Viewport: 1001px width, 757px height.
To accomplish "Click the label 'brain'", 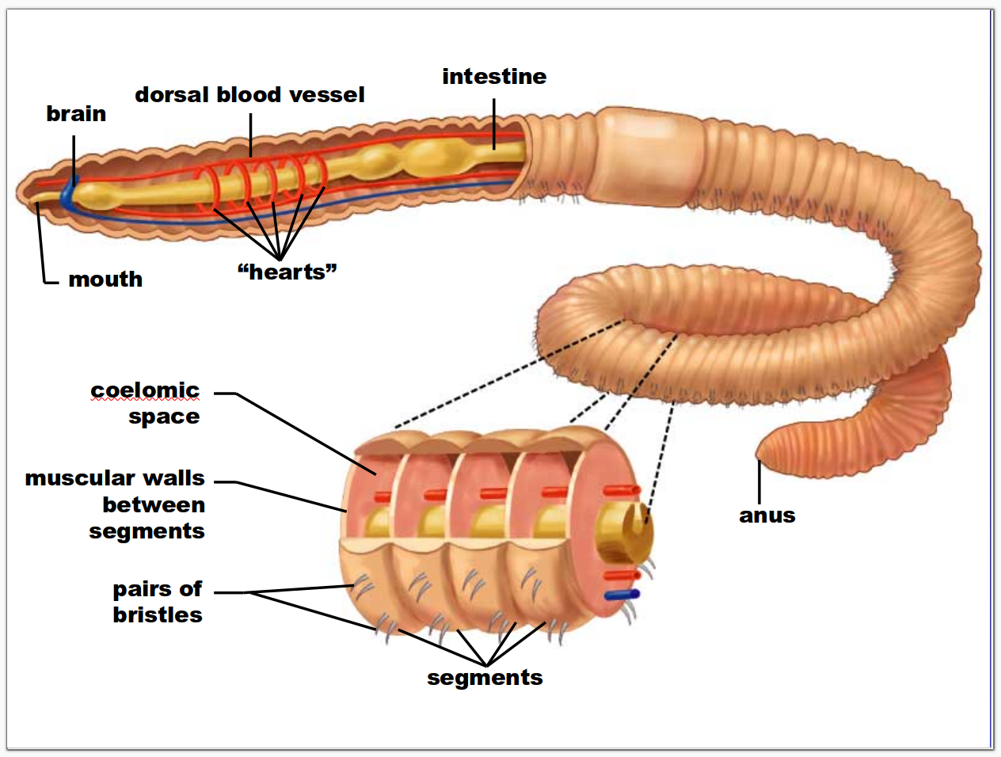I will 76,114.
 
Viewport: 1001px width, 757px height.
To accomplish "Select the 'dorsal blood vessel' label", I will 249,95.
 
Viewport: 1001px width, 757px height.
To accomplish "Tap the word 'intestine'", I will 494,77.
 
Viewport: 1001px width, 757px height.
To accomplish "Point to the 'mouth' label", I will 105,280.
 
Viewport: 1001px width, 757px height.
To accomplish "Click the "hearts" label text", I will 287,272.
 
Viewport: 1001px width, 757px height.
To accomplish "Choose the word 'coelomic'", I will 144,390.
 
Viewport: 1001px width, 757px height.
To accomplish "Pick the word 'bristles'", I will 157,615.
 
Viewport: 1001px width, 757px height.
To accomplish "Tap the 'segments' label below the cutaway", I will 485,678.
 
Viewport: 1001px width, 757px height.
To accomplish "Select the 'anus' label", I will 767,515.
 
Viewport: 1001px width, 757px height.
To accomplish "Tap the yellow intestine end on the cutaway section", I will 626,527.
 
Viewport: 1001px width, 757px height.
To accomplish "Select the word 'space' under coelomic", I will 164,417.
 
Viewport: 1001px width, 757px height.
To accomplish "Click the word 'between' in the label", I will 154,505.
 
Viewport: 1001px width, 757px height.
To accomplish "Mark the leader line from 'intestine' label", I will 494,123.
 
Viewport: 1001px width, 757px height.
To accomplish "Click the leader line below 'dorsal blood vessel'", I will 250,135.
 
